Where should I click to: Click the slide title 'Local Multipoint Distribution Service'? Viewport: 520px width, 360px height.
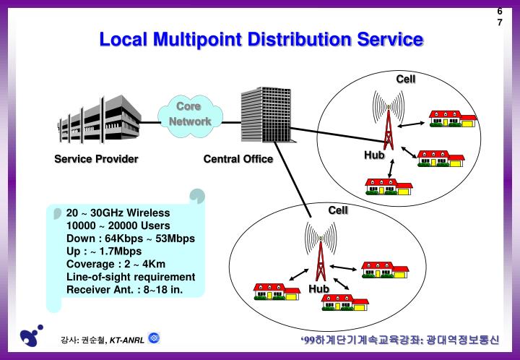click(x=261, y=39)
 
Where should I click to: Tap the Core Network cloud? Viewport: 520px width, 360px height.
click(x=189, y=114)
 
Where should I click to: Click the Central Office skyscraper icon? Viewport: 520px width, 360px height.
click(x=265, y=116)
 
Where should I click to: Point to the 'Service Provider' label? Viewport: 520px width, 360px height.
click(x=96, y=159)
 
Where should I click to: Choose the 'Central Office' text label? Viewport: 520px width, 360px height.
click(x=238, y=159)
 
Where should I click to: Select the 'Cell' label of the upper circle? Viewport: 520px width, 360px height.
click(x=405, y=78)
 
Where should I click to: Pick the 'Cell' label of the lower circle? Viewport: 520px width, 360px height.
click(x=338, y=210)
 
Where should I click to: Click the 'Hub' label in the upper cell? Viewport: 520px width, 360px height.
click(x=374, y=155)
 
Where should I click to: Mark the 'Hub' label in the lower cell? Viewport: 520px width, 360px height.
click(x=318, y=289)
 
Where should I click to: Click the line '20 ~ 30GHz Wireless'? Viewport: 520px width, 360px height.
click(x=118, y=213)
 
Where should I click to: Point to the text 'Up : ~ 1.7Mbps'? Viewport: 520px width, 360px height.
click(x=104, y=251)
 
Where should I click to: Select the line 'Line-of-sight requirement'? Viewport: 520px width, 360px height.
click(x=131, y=277)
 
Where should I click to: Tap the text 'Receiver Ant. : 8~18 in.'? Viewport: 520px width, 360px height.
click(x=125, y=289)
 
